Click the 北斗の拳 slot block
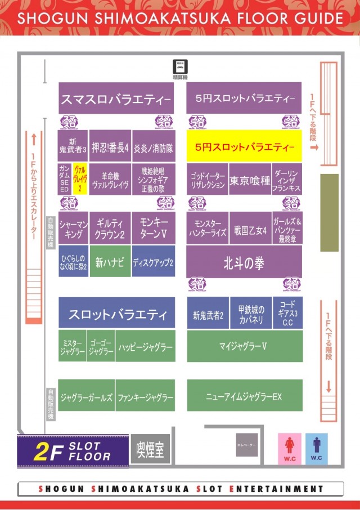click(x=244, y=262)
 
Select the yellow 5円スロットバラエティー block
click(x=244, y=147)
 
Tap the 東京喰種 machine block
click(x=249, y=181)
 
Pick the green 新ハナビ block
click(x=110, y=262)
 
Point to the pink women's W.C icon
click(x=290, y=448)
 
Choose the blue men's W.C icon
click(x=316, y=448)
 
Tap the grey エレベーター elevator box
click(x=247, y=445)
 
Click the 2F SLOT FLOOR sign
click(x=72, y=451)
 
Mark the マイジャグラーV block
click(x=244, y=346)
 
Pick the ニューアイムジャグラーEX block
click(x=244, y=396)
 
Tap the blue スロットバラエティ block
click(x=117, y=314)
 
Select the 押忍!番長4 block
click(x=111, y=147)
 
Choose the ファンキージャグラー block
click(x=146, y=396)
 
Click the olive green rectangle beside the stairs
click(x=329, y=212)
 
